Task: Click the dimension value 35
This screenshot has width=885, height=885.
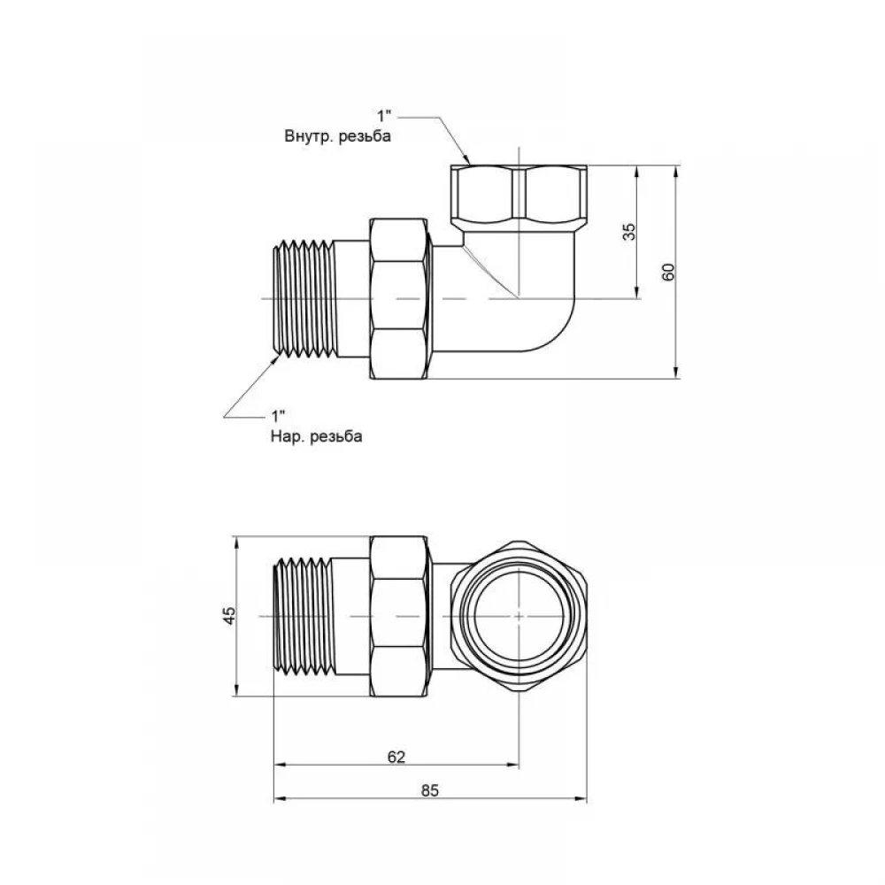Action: [628, 232]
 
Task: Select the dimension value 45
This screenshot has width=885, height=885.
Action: [229, 616]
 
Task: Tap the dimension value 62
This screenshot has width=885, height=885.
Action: [396, 757]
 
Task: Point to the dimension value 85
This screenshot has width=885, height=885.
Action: [429, 790]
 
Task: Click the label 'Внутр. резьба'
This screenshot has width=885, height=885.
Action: [337, 136]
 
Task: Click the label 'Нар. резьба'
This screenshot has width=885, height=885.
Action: [316, 436]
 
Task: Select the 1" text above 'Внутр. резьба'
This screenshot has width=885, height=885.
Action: [384, 116]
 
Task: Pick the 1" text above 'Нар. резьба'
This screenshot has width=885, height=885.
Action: [278, 417]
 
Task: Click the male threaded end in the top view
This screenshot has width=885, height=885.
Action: [304, 299]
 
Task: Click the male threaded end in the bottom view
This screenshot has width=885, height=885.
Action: [304, 616]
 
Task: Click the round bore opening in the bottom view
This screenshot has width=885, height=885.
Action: [519, 616]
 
